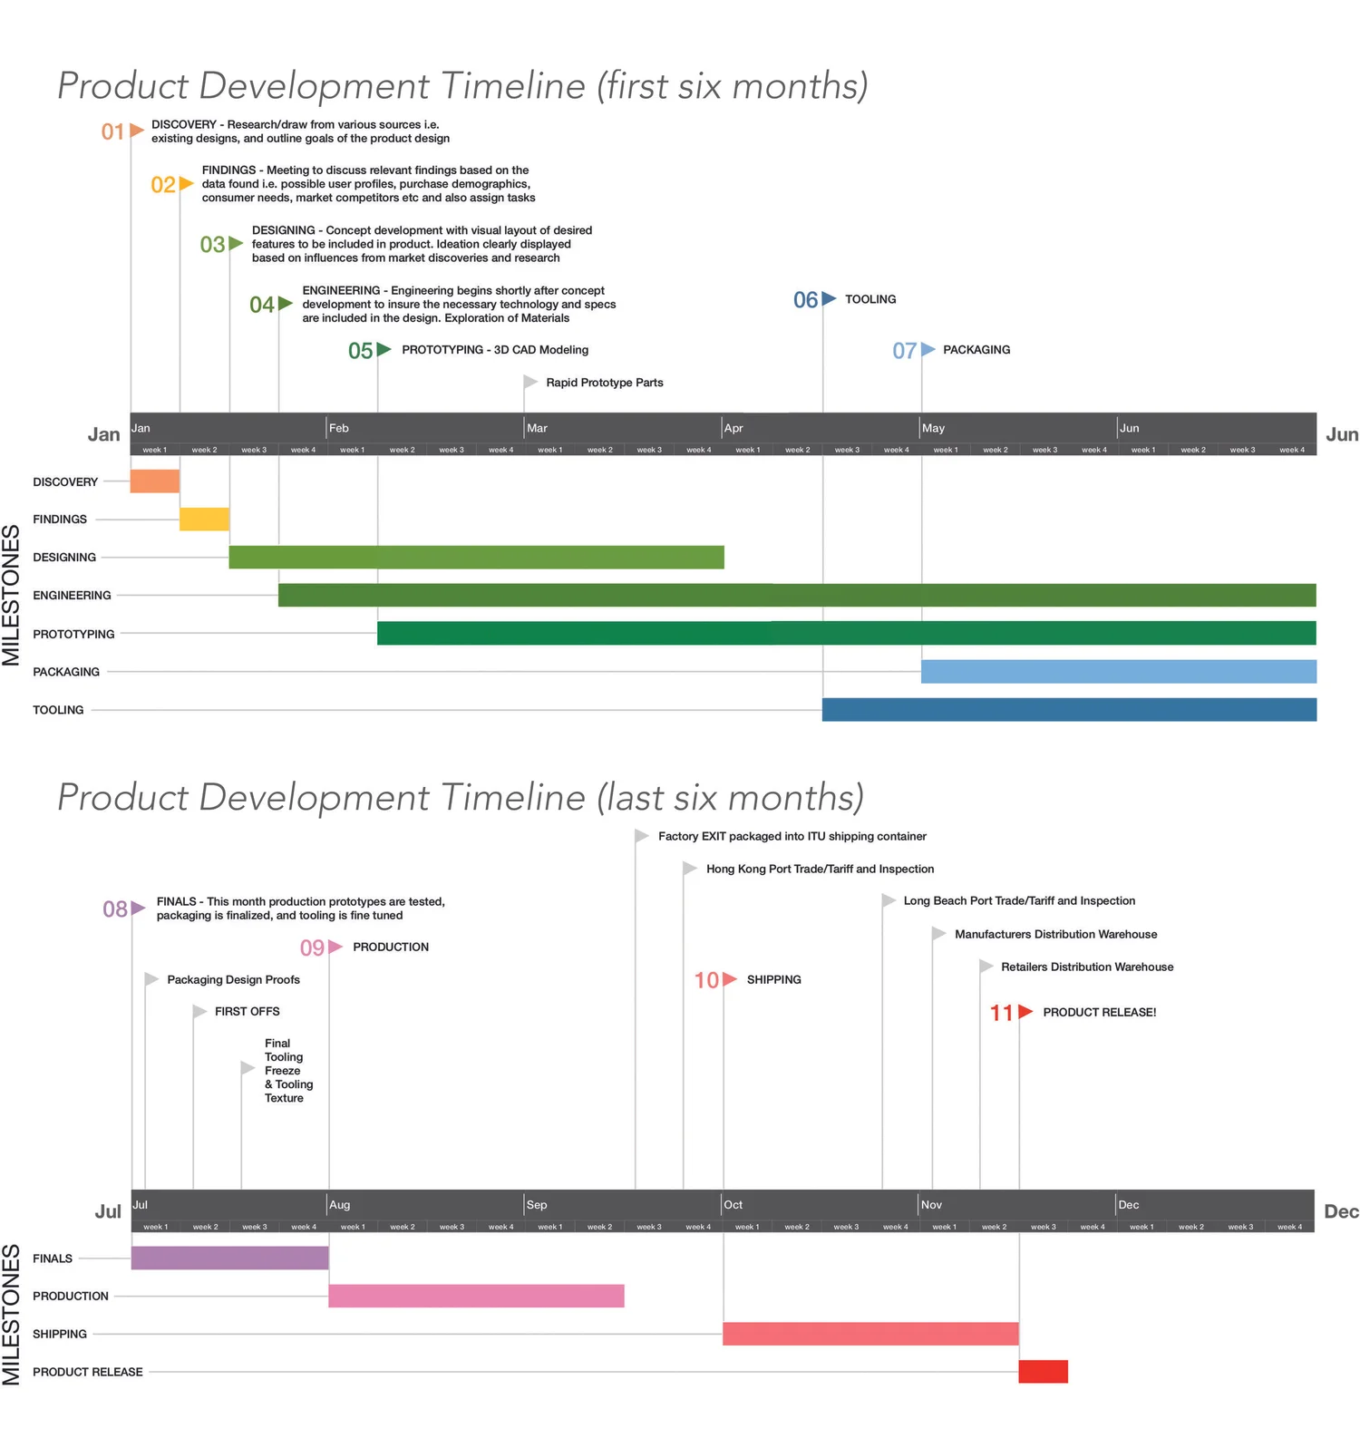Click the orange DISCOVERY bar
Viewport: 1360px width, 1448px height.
[x=155, y=481]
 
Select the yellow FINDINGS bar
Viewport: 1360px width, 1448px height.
[x=204, y=519]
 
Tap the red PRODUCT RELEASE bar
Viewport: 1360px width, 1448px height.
[x=1043, y=1371]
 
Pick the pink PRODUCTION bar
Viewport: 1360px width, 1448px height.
[x=476, y=1296]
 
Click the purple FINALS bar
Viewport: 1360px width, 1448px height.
[x=229, y=1258]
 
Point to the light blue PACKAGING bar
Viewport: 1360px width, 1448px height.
[x=1118, y=671]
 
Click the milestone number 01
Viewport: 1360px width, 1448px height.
[x=112, y=132]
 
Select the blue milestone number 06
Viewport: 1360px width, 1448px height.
[x=805, y=300]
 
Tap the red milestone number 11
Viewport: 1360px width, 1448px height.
[x=1001, y=1013]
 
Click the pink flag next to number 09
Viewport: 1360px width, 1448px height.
[x=335, y=947]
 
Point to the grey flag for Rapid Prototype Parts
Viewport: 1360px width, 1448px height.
[x=530, y=382]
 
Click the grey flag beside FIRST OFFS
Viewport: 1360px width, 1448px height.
[x=199, y=1011]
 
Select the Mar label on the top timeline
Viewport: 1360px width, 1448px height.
[x=537, y=428]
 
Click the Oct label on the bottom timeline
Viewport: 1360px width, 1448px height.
[x=733, y=1205]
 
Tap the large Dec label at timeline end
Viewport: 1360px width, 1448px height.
[x=1341, y=1211]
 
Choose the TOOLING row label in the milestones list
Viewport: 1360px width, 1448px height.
[x=58, y=710]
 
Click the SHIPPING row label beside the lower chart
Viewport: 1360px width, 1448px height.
[x=60, y=1334]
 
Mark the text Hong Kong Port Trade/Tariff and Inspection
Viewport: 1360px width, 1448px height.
[x=820, y=869]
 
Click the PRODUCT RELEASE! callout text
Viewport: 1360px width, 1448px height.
[x=1099, y=1012]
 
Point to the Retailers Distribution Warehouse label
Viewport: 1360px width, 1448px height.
[x=1086, y=967]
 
